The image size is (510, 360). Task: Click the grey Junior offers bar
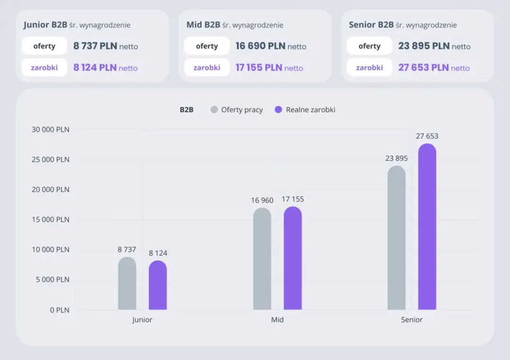(127, 283)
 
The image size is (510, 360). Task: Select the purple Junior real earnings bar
(158, 285)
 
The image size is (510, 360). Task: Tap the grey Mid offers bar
(262, 259)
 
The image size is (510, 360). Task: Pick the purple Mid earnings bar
(293, 258)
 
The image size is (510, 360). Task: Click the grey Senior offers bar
(397, 237)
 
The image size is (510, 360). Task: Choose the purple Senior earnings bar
(427, 226)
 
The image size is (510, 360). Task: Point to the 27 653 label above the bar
(427, 136)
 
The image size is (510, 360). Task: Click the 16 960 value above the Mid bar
(262, 200)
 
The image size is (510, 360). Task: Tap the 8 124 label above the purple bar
(158, 253)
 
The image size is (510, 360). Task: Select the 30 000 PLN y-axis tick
(51, 129)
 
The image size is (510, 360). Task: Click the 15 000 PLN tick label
(51, 219)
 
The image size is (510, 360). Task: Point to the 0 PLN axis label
(59, 310)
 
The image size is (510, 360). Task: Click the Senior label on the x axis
(412, 320)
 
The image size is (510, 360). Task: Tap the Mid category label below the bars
(278, 320)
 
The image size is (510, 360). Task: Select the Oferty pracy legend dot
(214, 109)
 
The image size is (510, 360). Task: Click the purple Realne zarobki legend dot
(279, 109)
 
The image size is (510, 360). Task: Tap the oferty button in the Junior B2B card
(44, 46)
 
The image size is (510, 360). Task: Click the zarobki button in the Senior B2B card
(369, 67)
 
